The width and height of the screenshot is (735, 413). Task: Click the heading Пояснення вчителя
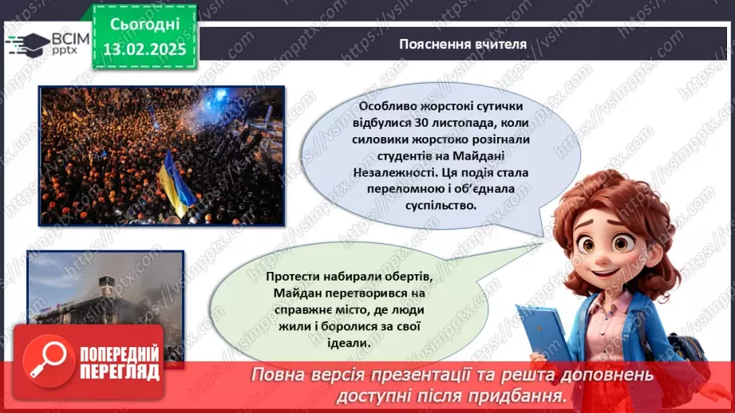[463, 44]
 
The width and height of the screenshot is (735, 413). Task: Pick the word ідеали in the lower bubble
[350, 342]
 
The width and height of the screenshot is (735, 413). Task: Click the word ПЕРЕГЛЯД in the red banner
[121, 372]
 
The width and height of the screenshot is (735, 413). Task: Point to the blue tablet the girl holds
[543, 335]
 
